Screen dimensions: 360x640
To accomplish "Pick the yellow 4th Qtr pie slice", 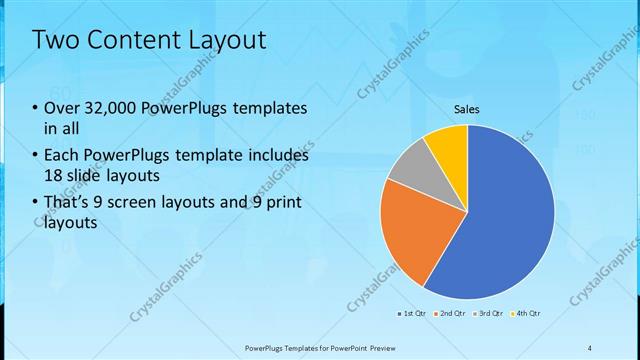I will coord(447,146).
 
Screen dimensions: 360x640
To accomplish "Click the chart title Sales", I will coord(467,108).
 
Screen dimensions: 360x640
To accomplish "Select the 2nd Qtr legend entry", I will coord(452,314).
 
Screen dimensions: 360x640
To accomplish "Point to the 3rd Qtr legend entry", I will coord(490,314).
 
